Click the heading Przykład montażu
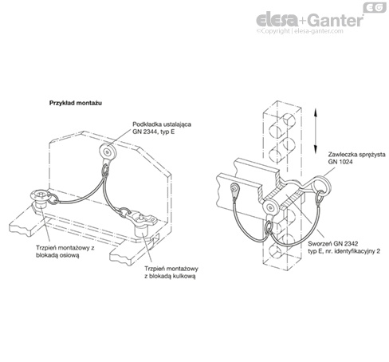(76, 103)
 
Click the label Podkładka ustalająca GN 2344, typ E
(162, 128)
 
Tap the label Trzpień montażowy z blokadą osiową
(65, 251)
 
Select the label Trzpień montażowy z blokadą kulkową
(171, 272)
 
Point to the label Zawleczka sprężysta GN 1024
(356, 158)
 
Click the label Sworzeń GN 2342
(333, 243)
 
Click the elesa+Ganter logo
(310, 21)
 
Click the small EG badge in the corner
(375, 7)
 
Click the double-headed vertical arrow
(316, 131)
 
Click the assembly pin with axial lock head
(40, 200)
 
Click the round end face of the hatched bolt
(270, 207)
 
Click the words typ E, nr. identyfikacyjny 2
(344, 251)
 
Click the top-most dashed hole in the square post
(289, 120)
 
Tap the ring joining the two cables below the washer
(105, 171)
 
